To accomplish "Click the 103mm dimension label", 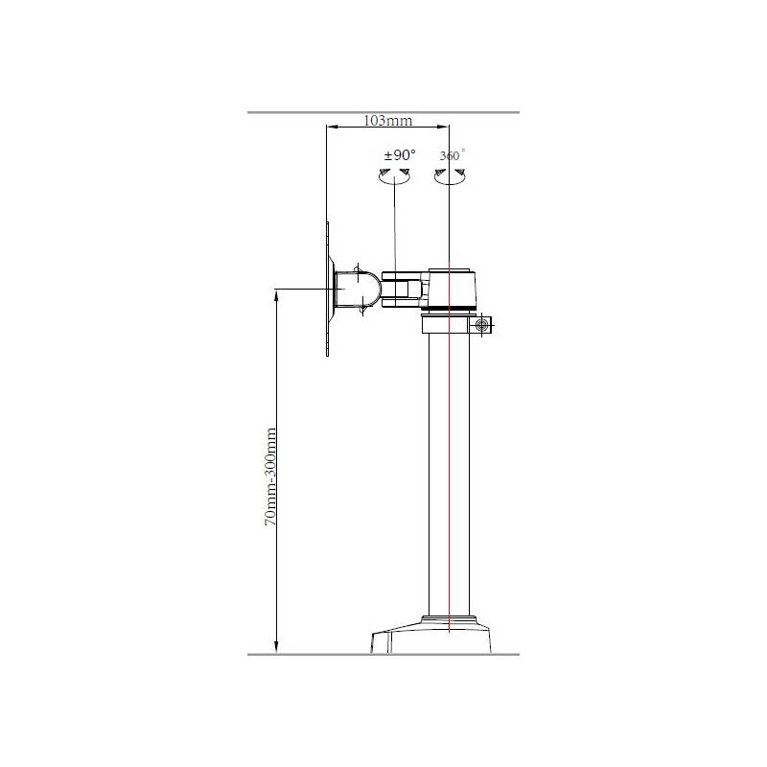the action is pos(387,121).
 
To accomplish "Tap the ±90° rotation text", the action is pos(400,155).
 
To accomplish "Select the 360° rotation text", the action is pos(452,155).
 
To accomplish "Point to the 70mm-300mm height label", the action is pos(270,476).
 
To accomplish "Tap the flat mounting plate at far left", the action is pos(327,289).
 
